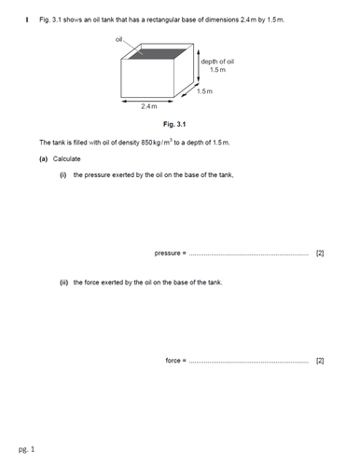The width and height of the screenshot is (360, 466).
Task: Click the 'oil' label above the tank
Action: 119,39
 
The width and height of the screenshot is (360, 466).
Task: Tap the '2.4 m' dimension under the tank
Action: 150,107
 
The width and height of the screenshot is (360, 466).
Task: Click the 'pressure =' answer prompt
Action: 171,253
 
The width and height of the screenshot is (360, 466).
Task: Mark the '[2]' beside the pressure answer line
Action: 320,253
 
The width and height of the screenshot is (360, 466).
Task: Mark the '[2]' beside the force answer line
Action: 320,360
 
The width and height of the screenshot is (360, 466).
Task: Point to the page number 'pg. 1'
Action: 26,450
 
